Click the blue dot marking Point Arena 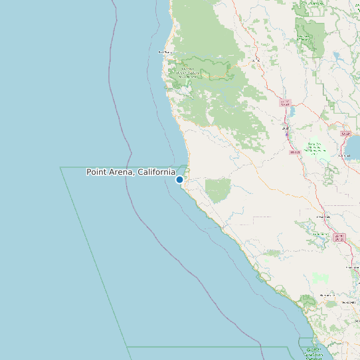tap(179, 179)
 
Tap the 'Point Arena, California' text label tap(131, 172)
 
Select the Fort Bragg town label tap(164, 52)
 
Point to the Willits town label tap(255, 60)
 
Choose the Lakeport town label tap(343, 155)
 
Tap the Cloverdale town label tap(323, 216)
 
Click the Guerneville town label tap(327, 295)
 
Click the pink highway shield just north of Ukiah tap(285, 103)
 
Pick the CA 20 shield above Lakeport tap(345, 134)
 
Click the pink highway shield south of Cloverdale tap(339, 236)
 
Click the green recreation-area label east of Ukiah tap(317, 148)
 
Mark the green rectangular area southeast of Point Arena tap(217, 190)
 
